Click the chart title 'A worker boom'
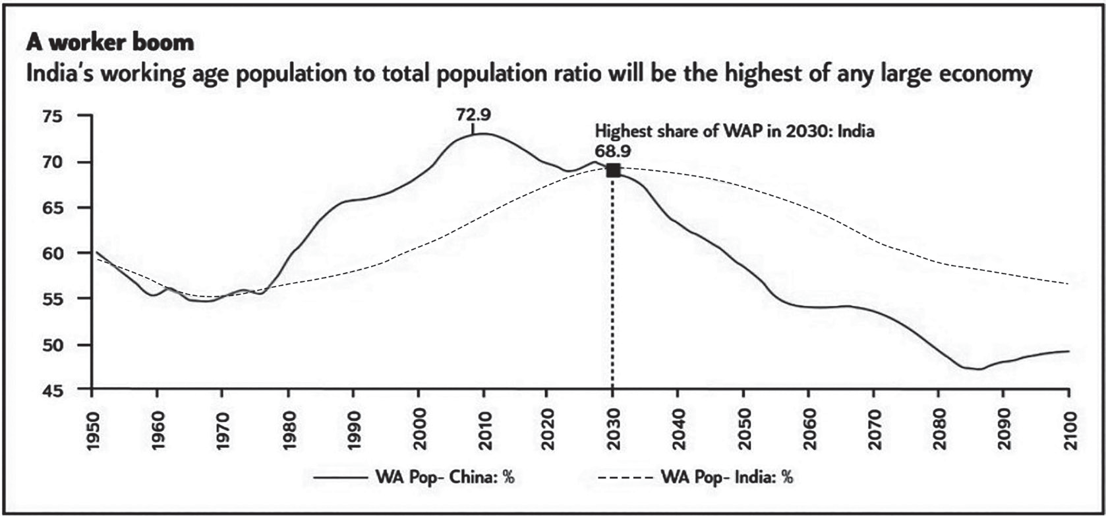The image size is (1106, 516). [109, 43]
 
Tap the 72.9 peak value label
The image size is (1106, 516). [473, 115]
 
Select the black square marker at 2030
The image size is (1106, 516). [613, 171]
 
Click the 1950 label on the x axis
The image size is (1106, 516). [92, 431]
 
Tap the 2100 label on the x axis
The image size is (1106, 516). [1068, 431]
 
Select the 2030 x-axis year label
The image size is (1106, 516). [613, 431]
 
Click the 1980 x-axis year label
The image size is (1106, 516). [288, 431]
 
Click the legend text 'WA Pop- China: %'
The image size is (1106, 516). [445, 478]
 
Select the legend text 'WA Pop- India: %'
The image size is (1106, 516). [726, 478]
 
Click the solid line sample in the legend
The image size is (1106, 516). [340, 478]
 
